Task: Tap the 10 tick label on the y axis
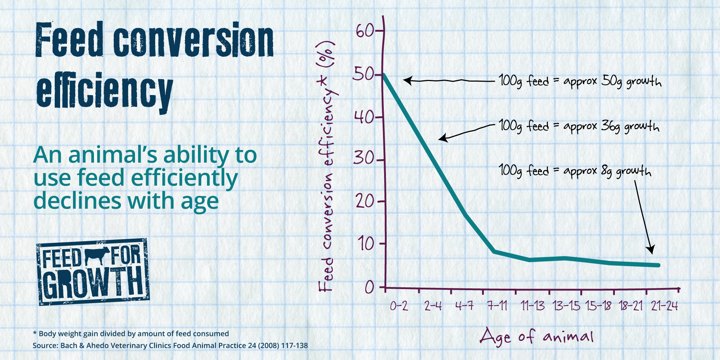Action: [x=366, y=244]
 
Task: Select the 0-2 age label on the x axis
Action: [x=399, y=306]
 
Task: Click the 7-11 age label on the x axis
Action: [x=497, y=306]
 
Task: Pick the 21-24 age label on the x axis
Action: [x=665, y=306]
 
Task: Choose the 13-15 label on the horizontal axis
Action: [x=566, y=306]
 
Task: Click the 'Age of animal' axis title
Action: [x=536, y=337]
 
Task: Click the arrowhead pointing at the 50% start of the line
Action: [x=407, y=80]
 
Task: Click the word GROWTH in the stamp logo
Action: [x=93, y=283]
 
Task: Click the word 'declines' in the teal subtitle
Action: [x=77, y=201]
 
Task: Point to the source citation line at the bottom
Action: [x=170, y=346]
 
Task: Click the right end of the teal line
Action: [x=658, y=265]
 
